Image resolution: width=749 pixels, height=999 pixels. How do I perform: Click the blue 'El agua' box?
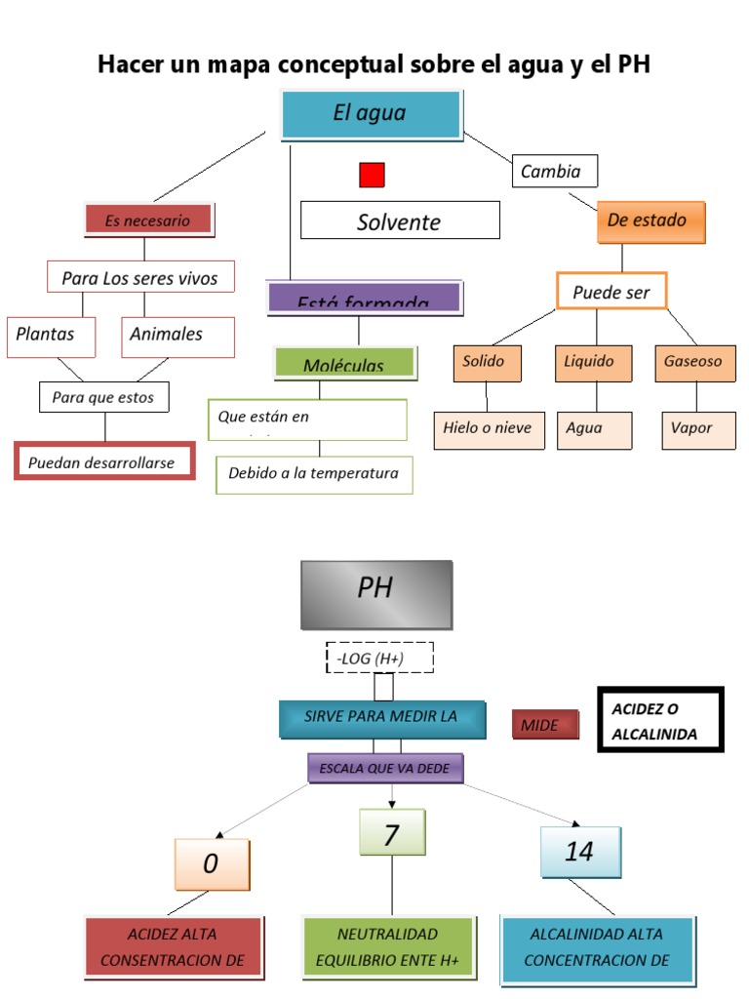(371, 114)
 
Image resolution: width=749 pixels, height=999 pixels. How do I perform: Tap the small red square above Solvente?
(372, 175)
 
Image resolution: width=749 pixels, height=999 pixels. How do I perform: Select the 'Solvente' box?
(400, 220)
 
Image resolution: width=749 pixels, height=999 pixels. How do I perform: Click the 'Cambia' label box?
(554, 172)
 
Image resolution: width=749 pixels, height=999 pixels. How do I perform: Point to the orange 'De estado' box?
(650, 220)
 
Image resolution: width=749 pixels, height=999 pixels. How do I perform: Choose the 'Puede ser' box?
(611, 292)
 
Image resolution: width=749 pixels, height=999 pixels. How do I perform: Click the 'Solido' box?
(487, 362)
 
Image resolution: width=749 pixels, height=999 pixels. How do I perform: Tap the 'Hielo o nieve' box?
(489, 428)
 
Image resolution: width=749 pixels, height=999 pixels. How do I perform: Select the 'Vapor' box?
(697, 428)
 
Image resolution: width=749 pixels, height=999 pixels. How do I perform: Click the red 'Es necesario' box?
(149, 220)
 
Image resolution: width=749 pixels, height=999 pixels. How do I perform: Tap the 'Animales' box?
(177, 335)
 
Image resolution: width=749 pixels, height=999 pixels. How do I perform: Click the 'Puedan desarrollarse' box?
(104, 461)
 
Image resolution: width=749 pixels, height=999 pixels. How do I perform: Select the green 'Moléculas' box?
(345, 364)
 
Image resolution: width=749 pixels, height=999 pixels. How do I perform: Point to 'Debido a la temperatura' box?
(314, 474)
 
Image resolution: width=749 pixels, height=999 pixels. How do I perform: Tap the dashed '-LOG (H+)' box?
(379, 659)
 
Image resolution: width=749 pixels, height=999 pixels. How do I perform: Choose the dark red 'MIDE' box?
(544, 725)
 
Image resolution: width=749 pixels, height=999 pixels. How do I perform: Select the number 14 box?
(579, 851)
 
